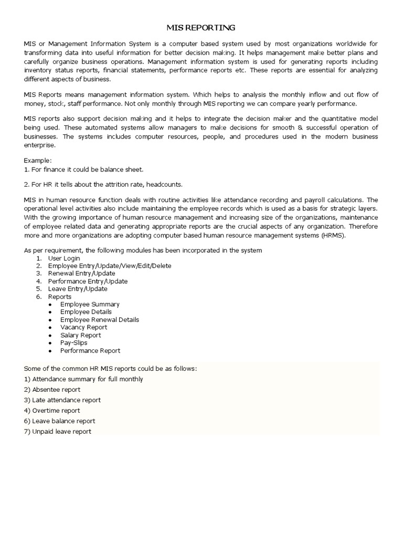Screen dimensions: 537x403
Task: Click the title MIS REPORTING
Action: click(x=201, y=27)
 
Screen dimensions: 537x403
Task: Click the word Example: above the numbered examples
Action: click(x=38, y=160)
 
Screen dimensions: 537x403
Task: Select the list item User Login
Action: click(x=64, y=259)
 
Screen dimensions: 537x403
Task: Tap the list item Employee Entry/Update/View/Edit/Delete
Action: click(x=109, y=266)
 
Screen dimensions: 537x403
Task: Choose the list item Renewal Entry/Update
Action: click(x=81, y=273)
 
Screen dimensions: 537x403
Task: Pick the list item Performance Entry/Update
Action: click(x=87, y=281)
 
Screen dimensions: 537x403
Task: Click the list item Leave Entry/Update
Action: click(x=78, y=288)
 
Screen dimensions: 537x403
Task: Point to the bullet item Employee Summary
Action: click(x=90, y=304)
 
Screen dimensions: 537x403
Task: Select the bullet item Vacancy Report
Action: click(x=83, y=327)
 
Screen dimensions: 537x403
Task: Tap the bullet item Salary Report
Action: click(x=80, y=335)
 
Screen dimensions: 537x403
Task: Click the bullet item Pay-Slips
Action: click(x=74, y=342)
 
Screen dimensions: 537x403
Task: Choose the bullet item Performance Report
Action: click(x=90, y=350)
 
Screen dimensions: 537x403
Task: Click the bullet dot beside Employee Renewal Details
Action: click(x=49, y=320)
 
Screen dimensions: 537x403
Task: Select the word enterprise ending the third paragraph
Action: click(x=39, y=145)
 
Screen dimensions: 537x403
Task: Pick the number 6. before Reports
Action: click(x=39, y=297)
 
